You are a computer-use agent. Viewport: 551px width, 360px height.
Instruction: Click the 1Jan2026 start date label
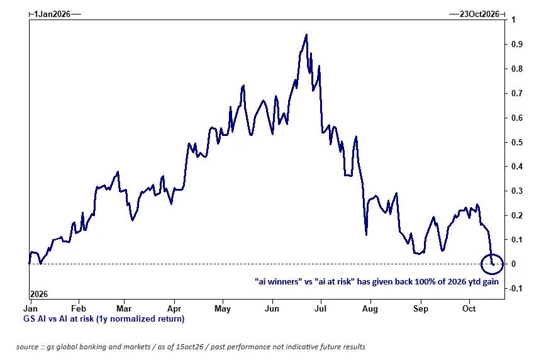coord(52,14)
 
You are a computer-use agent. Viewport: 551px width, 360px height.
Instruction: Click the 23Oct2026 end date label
coord(479,14)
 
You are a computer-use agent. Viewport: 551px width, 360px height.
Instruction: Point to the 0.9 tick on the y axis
coord(517,44)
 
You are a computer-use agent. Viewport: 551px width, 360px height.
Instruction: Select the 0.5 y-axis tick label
coord(517,142)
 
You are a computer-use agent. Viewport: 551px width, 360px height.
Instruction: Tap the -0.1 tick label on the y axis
coord(516,288)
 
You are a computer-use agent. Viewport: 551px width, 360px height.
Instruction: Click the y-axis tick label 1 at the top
coord(513,20)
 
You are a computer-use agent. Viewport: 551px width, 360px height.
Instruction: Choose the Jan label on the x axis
coord(30,308)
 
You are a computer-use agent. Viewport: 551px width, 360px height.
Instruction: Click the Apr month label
coord(174,308)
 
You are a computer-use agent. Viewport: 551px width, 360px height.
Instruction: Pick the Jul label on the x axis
coord(320,308)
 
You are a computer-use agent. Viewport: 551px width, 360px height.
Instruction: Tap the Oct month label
coord(469,308)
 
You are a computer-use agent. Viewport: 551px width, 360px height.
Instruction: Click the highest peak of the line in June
coord(306,35)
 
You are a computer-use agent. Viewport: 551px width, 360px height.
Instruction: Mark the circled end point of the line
coord(493,264)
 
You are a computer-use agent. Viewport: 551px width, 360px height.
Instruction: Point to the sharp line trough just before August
coord(366,235)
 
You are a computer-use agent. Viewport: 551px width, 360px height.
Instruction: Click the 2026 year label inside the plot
coord(38,294)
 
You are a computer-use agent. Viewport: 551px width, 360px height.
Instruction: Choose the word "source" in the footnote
coord(27,347)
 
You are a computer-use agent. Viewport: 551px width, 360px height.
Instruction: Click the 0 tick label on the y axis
coord(513,264)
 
